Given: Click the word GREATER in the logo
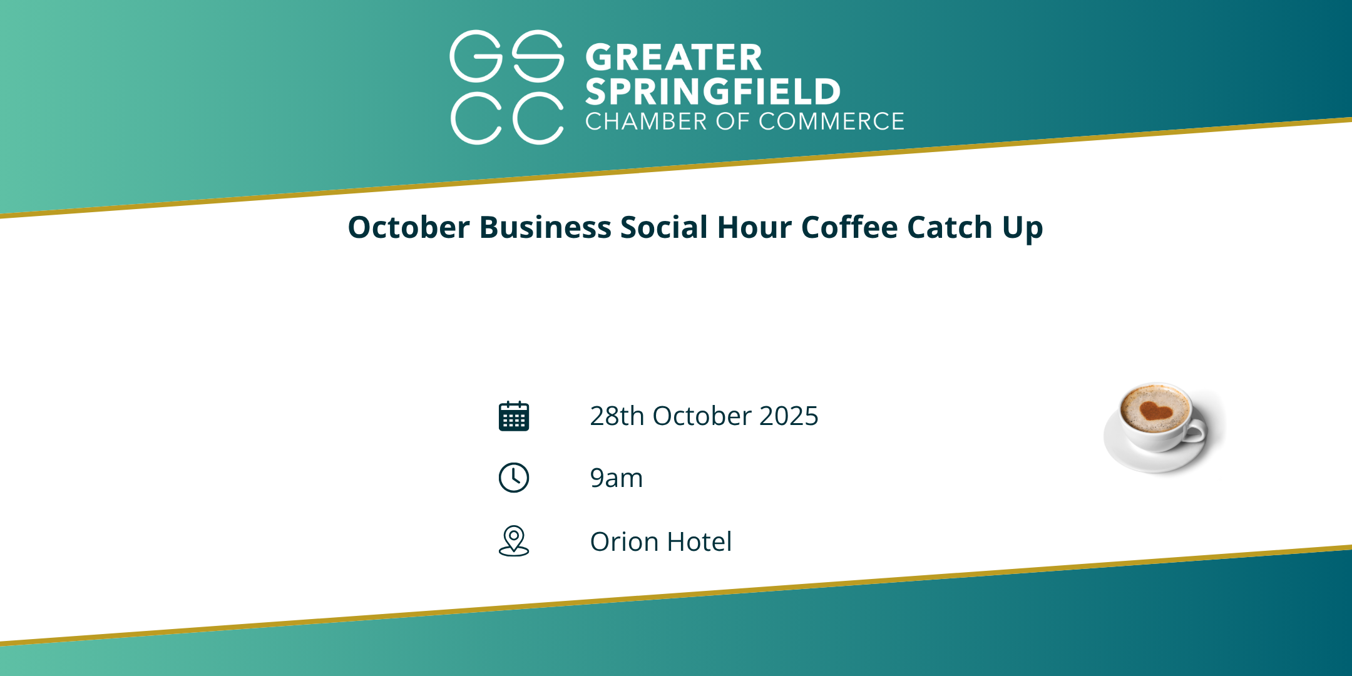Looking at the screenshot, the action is point(673,58).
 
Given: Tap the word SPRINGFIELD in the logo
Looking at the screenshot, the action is point(713,91).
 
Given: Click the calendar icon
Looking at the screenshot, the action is point(514,416).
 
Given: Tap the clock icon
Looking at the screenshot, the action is point(514,478).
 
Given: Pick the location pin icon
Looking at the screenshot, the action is point(514,541).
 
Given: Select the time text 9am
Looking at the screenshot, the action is point(617,479).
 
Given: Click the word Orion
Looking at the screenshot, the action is point(624,541).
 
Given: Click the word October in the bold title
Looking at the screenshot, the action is point(409,227).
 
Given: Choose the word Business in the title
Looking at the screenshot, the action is point(545,227).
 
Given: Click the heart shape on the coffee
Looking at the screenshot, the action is point(1155,411).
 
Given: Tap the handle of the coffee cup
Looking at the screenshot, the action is point(1194,431).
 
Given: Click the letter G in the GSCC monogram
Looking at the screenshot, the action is point(476,56).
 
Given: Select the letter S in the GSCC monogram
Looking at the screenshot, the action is point(538,56).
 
